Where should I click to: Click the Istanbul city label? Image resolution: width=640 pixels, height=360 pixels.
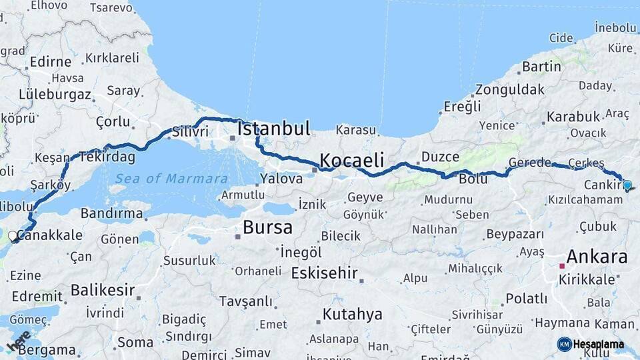pyautogui.click(x=273, y=129)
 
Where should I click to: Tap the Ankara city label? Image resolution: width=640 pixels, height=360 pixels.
pyautogui.click(x=597, y=257)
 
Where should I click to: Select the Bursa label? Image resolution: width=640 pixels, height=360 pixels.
pyautogui.click(x=267, y=227)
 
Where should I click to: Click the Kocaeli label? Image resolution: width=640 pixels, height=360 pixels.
pyautogui.click(x=352, y=160)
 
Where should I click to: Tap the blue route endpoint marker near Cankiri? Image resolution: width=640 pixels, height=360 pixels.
pyautogui.click(x=627, y=185)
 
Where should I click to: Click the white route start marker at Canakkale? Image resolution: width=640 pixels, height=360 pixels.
pyautogui.click(x=13, y=236)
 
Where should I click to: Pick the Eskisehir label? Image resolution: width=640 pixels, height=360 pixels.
pyautogui.click(x=325, y=273)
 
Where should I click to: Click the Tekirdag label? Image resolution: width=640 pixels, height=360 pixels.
pyautogui.click(x=107, y=157)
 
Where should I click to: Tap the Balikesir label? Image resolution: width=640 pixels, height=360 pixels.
pyautogui.click(x=103, y=290)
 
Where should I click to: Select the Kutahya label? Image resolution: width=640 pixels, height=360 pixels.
pyautogui.click(x=353, y=314)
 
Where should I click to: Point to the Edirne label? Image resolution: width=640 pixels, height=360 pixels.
pyautogui.click(x=50, y=61)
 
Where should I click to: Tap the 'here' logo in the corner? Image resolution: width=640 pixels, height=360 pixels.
pyautogui.click(x=19, y=341)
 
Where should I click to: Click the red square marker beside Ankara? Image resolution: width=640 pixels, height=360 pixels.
pyautogui.click(x=562, y=265)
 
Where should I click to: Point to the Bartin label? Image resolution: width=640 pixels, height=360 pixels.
pyautogui.click(x=541, y=67)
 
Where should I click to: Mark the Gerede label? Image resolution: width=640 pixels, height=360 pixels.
pyautogui.click(x=530, y=163)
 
